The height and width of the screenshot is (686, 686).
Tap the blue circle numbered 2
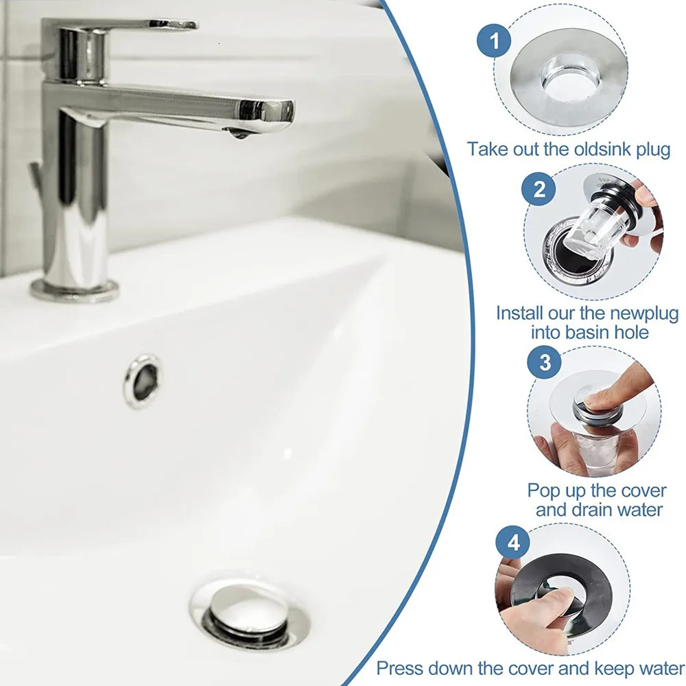[x=540, y=189]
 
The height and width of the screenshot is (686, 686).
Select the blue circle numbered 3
[x=545, y=362]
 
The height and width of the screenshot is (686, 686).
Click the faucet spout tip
[x=271, y=113]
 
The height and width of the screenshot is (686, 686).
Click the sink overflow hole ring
[x=143, y=381]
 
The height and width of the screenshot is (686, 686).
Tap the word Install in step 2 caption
[x=520, y=314]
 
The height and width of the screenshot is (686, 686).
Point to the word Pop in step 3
[x=543, y=490]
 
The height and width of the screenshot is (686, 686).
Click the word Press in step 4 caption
[x=404, y=667]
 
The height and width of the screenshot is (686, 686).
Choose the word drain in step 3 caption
[x=601, y=510]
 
